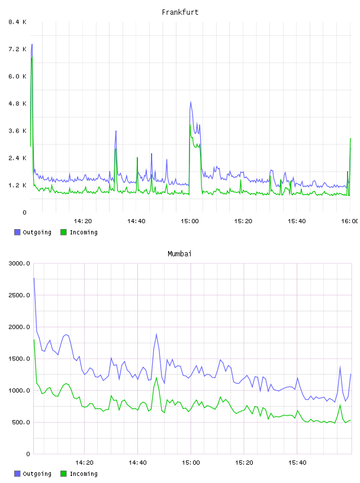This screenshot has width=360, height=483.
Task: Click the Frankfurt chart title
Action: [180, 12]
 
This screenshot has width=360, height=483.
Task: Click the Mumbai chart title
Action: [179, 254]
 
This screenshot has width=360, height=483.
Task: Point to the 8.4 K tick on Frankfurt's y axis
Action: [17, 22]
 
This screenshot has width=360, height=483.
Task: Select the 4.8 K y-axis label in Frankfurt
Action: [17, 104]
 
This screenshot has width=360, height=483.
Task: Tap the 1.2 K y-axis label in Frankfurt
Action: [17, 185]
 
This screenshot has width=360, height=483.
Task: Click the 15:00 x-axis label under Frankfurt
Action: [189, 221]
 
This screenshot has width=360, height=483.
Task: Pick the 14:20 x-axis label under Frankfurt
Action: [83, 221]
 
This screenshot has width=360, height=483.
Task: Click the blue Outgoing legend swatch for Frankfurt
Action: [17, 232]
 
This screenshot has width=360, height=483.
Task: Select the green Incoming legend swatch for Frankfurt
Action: [63, 232]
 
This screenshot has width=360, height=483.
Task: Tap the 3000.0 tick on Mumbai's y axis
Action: [19, 263]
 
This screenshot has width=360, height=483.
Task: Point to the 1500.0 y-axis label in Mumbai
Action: [19, 359]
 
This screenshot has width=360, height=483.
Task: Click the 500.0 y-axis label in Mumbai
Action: [21, 422]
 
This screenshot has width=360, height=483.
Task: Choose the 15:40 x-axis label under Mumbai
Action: [297, 463]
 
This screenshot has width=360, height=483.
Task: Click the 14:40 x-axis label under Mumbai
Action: [137, 463]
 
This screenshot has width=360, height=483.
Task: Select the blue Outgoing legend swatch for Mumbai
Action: [17, 474]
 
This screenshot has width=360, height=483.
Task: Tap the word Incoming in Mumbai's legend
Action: [83, 474]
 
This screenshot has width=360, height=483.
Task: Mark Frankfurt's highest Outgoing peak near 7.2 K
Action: [32, 44]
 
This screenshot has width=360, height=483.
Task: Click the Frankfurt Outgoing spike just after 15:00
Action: [191, 102]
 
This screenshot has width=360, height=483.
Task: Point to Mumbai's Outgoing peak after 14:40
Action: [156, 334]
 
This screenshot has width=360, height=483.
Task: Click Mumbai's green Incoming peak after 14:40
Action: [156, 378]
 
